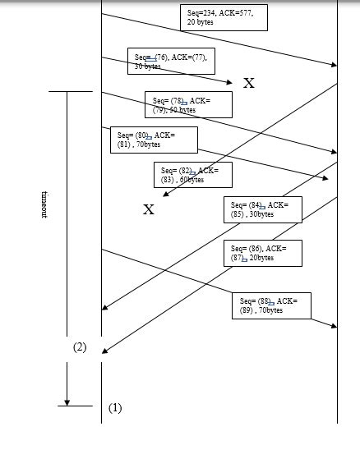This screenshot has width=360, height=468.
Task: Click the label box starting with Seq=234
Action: pyautogui.click(x=224, y=17)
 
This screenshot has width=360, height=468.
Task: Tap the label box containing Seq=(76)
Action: pyautogui.click(x=172, y=62)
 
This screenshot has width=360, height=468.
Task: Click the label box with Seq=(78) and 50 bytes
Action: pyautogui.click(x=188, y=104)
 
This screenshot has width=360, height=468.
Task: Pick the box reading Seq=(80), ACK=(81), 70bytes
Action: pyautogui.click(x=154, y=139)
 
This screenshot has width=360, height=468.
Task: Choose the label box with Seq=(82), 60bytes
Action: pyautogui.click(x=192, y=174)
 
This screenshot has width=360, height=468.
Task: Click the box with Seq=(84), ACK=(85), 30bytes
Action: pyautogui.click(x=262, y=209)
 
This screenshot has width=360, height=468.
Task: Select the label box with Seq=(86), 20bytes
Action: pyautogui.click(x=262, y=253)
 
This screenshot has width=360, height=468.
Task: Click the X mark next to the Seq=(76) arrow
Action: pyautogui.click(x=249, y=83)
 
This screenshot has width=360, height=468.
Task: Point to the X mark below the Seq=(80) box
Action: pyautogui.click(x=149, y=209)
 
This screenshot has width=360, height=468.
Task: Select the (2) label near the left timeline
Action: pyautogui.click(x=80, y=347)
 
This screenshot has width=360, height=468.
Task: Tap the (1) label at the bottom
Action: pyautogui.click(x=115, y=407)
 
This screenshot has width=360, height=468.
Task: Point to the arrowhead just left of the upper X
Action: pyautogui.click(x=230, y=80)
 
